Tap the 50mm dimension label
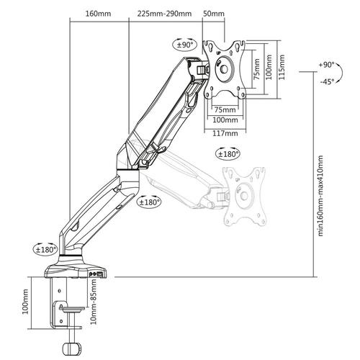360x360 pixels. tap(214, 13)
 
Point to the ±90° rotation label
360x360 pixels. tap(186, 45)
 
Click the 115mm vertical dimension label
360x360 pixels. tap(283, 66)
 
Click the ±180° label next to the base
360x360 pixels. tap(45, 249)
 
